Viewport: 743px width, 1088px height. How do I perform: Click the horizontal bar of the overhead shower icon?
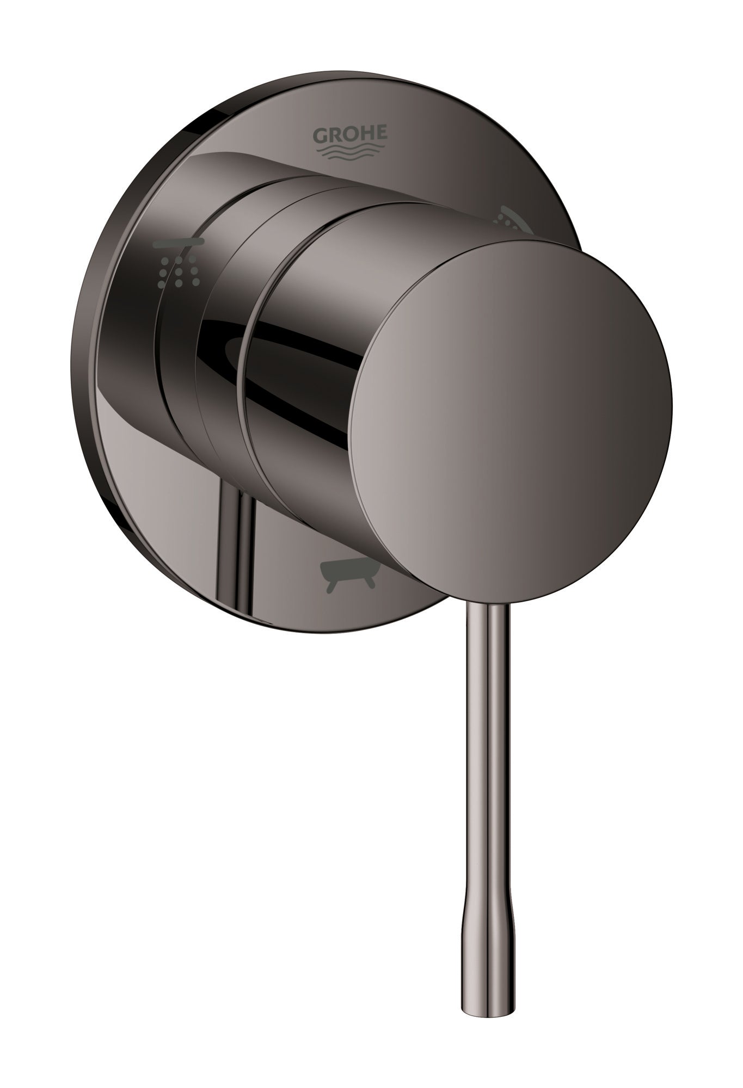tap(178, 244)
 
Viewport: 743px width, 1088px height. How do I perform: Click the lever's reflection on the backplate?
tap(240, 549)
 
